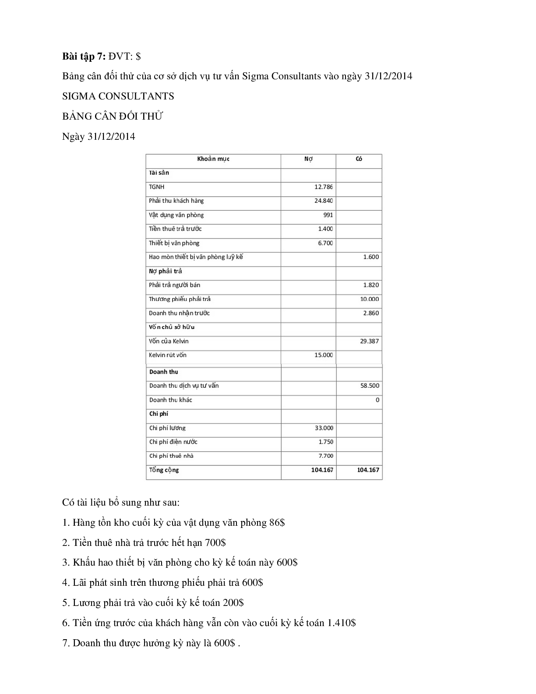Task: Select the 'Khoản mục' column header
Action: pos(213,159)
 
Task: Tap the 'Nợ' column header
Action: pos(308,159)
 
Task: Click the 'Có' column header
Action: pos(359,159)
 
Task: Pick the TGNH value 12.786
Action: pos(323,187)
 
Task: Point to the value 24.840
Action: pos(323,201)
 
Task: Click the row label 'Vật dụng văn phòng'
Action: pos(176,215)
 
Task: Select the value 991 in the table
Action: pos(328,215)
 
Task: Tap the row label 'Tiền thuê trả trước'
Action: pos(175,229)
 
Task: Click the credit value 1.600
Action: pos(370,257)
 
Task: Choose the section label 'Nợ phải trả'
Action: pos(165,271)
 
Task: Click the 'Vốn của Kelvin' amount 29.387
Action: pos(369,341)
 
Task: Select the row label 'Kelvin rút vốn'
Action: pos(168,355)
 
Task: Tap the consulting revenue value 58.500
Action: pos(370,386)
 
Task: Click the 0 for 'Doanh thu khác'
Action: pos(377,400)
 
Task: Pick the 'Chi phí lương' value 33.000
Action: pos(324,428)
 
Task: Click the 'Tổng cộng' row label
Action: pos(164,470)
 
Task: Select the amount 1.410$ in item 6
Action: pos(341,623)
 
